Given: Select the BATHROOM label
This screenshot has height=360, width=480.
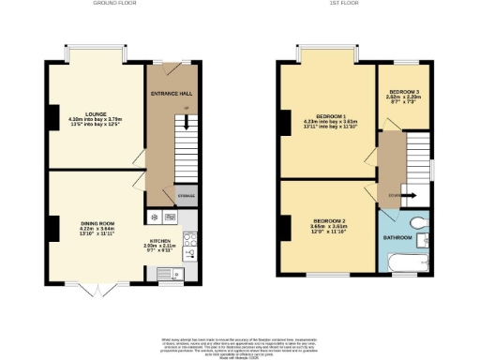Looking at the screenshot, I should point(397,237).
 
